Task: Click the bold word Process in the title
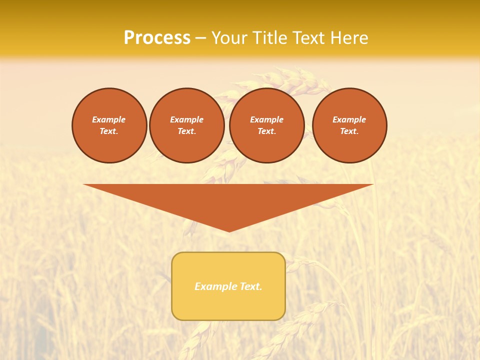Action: point(157,38)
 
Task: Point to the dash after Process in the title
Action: point(201,38)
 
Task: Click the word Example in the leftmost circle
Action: point(109,119)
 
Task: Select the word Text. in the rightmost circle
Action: point(349,131)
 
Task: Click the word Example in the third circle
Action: point(266,119)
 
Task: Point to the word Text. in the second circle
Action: point(186,131)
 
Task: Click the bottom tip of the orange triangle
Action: point(229,230)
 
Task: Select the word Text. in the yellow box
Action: point(250,286)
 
